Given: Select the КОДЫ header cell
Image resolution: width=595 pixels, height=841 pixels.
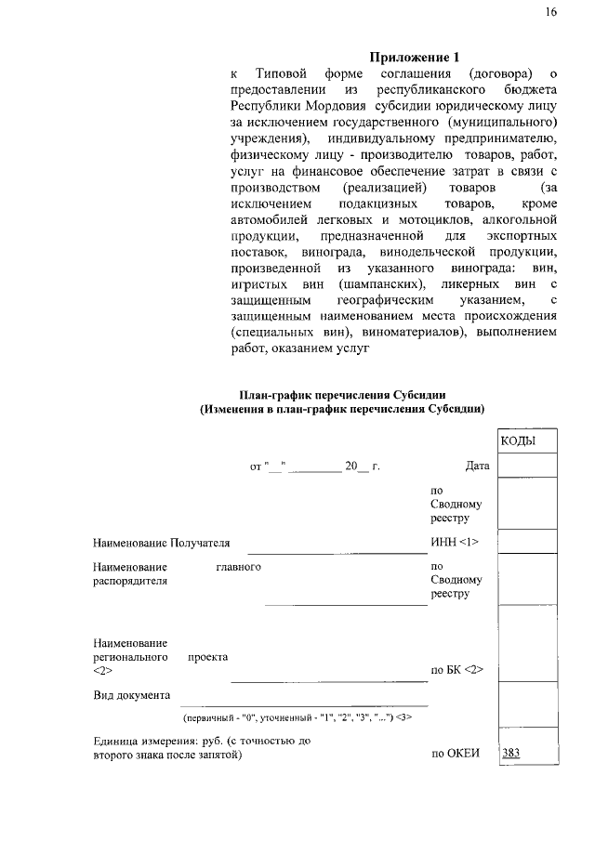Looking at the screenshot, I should tap(527, 440).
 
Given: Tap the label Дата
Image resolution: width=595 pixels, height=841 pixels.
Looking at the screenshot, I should tap(477, 466).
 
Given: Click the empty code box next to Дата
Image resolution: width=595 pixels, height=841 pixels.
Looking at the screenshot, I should tap(527, 465).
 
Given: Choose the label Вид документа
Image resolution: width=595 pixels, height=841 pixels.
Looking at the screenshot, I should tap(131, 696).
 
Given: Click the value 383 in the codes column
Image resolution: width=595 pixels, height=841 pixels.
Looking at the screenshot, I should tap(510, 754).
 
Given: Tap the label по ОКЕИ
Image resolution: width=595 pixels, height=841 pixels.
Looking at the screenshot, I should tap(455, 754).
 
